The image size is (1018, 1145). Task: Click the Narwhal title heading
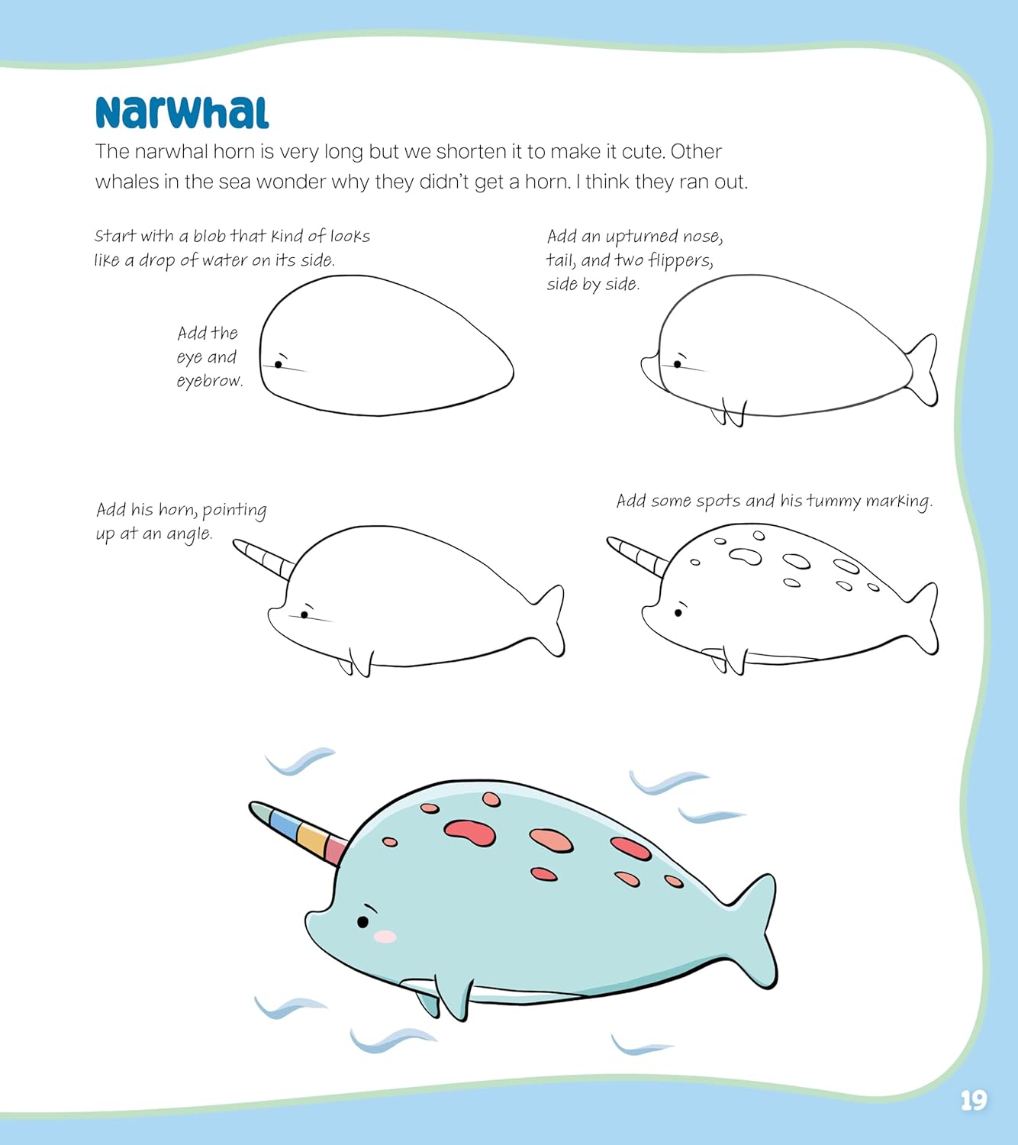coord(182,113)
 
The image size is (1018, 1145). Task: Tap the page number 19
coord(973,1100)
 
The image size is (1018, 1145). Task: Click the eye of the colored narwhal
coord(363,922)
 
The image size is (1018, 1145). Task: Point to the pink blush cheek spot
coord(385,936)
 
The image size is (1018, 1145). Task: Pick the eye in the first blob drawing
coord(279,364)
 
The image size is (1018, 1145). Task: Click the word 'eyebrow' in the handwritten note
coord(209,381)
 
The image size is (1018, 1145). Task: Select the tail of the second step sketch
coord(922,369)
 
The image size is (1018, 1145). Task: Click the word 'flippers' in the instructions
coord(680,261)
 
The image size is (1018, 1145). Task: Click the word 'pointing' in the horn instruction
coord(234,511)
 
